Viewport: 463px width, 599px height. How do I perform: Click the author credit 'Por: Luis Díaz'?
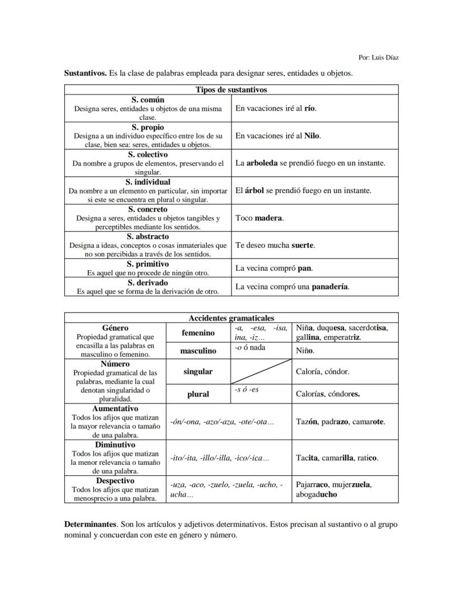coord(378,58)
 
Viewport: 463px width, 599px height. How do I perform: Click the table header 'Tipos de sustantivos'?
coord(231,89)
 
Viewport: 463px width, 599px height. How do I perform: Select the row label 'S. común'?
coord(148,100)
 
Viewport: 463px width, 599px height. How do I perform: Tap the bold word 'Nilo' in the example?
coord(311,136)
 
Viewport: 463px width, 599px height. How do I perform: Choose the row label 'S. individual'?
coord(148,182)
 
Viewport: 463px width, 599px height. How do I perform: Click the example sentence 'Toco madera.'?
coord(259,218)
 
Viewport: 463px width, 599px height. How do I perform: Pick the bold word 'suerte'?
coord(303,245)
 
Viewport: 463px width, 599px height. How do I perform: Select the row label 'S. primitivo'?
coord(148,263)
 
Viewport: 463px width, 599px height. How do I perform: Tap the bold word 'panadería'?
coord(330,286)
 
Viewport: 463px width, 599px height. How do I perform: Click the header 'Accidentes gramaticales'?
coord(231,318)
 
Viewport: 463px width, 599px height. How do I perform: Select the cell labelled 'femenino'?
coord(198,333)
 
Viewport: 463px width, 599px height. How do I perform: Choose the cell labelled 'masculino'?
coord(198,351)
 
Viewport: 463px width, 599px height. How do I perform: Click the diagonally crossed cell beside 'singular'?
coord(261,371)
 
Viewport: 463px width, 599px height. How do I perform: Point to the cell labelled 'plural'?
coord(198,394)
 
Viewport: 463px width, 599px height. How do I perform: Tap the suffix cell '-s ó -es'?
coord(247,390)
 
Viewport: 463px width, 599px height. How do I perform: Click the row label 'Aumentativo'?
coord(115,409)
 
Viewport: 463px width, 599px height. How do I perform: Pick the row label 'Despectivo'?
coord(115,480)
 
